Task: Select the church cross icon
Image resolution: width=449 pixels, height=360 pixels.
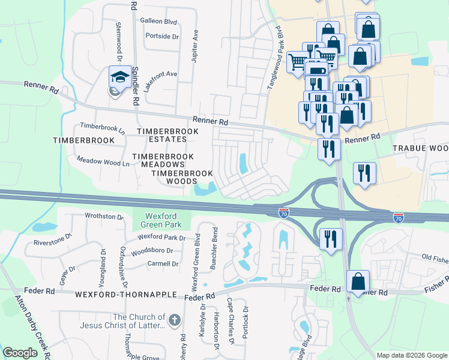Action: pos(174,321)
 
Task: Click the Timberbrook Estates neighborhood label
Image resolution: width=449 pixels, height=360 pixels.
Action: pos(161,135)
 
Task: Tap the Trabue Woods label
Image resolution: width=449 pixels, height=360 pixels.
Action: pos(420,148)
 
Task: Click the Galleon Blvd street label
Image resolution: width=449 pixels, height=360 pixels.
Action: pos(158,22)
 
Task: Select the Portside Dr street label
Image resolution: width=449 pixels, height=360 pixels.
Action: pos(162,37)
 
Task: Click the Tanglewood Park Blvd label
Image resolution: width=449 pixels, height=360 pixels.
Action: pos(274,59)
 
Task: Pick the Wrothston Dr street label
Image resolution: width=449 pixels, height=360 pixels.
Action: pos(104,216)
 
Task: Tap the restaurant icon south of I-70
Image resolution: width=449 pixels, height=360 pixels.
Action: pos(330,239)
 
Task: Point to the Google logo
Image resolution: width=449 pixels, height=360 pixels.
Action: pos(20,353)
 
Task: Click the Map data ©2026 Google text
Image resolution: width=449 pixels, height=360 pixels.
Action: pos(411,355)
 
